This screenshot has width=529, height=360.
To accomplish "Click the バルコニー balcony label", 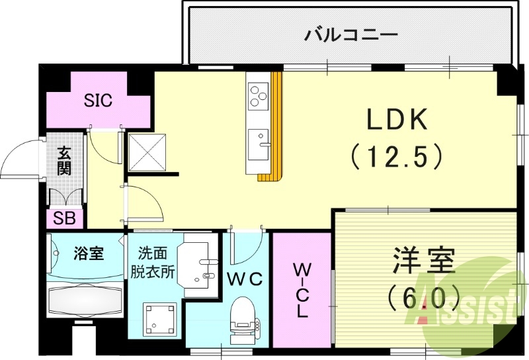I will tap(350, 34).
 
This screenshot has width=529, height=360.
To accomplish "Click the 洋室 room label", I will tap(423, 259).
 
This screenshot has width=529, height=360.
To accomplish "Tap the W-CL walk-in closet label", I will tap(302, 290).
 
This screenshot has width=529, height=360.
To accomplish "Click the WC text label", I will tap(246, 279).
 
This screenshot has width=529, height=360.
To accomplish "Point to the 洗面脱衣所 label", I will tap(156, 262).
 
